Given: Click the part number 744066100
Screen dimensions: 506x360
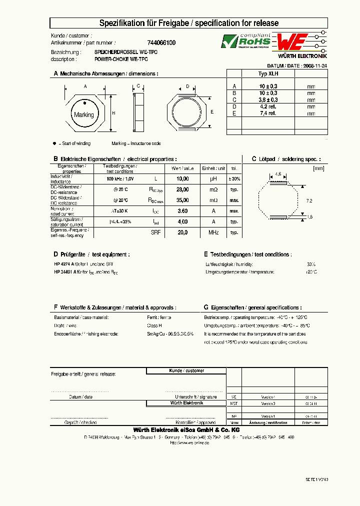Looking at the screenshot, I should click(161, 43).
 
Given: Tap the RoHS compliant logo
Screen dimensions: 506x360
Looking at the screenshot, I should click(246, 41).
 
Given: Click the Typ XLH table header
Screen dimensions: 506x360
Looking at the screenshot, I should click(268, 73).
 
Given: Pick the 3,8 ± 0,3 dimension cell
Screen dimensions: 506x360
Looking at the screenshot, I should click(268, 99).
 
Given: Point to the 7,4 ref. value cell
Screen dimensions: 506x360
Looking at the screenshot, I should click(268, 113).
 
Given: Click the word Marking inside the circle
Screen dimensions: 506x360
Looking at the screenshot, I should click(83, 115).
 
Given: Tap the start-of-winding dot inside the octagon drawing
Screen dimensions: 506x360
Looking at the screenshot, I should click(85, 103).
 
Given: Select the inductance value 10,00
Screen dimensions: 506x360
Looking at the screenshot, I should click(183, 178).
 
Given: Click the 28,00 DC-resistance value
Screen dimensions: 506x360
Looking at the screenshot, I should click(183, 189).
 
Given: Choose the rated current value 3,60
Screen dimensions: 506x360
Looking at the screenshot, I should click(183, 211).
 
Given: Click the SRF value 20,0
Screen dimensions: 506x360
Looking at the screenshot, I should click(183, 232).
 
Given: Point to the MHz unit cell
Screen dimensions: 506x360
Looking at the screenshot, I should click(213, 232).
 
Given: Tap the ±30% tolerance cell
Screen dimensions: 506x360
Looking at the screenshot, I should click(234, 178).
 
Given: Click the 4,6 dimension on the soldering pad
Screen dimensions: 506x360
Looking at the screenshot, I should click(278, 174).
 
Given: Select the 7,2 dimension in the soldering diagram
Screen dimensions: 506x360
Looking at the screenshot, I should click(308, 200).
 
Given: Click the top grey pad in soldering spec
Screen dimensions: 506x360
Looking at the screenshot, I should click(278, 183).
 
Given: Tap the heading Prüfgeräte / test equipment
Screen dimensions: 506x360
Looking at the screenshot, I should click(91, 254).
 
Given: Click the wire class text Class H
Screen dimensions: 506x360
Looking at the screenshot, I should click(154, 325).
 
